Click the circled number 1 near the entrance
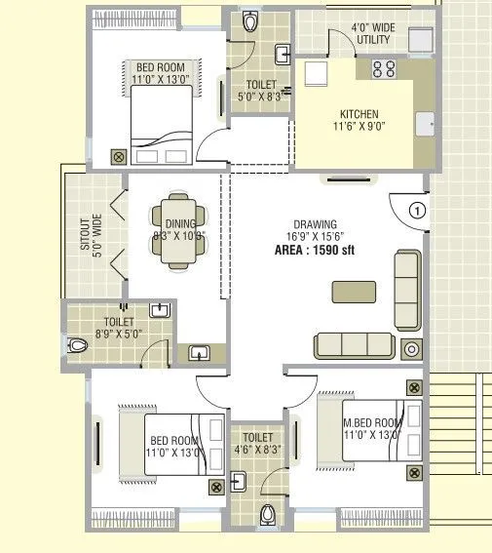(417, 210)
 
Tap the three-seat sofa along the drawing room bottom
(354, 344)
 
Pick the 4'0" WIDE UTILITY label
(371, 34)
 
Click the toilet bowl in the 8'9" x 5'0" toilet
(78, 343)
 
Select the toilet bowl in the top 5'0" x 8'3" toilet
(250, 20)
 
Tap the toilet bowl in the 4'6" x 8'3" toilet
(269, 513)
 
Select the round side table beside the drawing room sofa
(412, 349)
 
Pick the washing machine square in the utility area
(420, 40)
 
